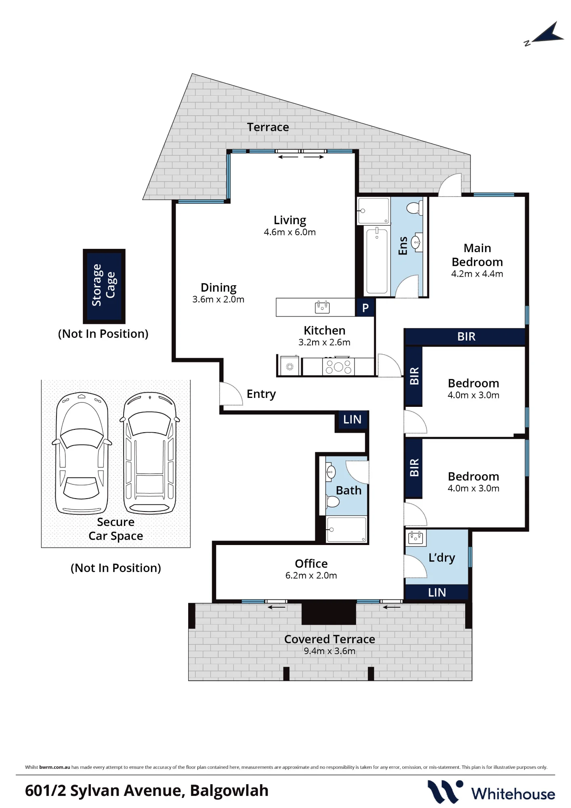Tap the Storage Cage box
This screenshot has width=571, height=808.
(104, 286)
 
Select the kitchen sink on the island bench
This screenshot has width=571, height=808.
(322, 307)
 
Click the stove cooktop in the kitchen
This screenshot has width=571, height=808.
(338, 366)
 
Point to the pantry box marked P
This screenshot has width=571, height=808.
(365, 307)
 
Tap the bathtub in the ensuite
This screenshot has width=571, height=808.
(377, 261)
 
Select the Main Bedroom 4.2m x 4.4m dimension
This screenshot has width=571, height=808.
(477, 274)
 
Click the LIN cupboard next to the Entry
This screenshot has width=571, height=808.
(352, 420)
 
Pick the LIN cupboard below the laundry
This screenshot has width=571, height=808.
(437, 592)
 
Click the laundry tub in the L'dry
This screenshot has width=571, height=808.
(416, 537)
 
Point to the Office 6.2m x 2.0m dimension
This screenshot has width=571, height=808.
(311, 576)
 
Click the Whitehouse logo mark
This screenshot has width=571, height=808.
(445, 792)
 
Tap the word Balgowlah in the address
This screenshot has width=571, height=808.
(229, 791)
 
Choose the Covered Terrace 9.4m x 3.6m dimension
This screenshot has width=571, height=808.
(330, 651)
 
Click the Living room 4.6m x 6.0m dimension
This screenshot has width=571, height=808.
(290, 232)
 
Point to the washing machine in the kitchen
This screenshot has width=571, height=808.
(290, 366)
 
